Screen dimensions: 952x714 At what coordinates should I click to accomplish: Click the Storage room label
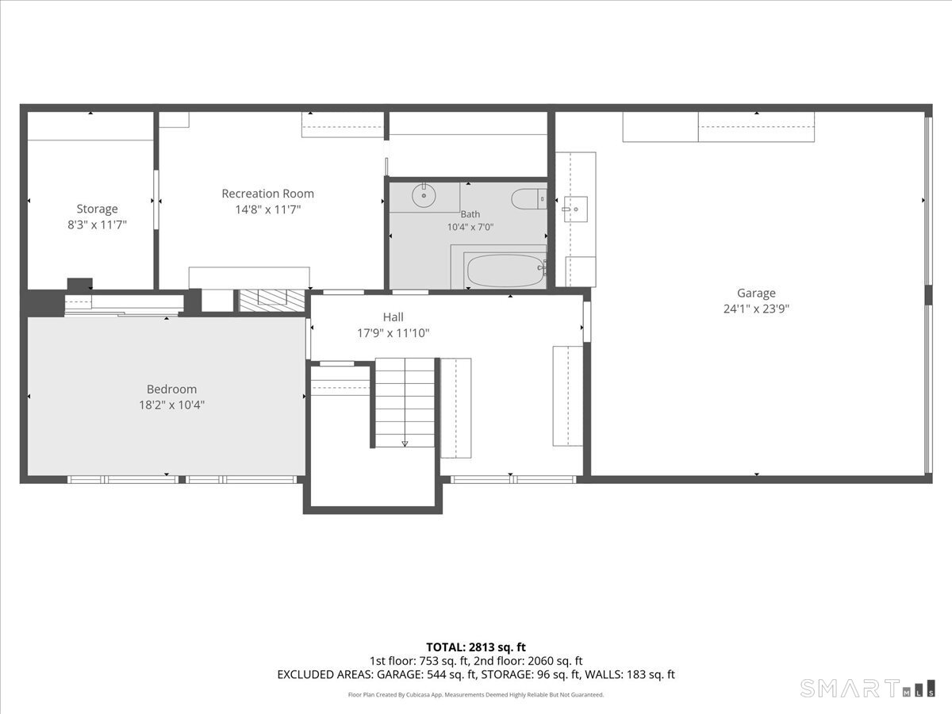tap(97, 209)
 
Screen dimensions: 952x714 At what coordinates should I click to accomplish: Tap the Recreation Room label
tap(267, 194)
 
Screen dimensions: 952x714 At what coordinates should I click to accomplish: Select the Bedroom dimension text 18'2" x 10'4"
tap(171, 405)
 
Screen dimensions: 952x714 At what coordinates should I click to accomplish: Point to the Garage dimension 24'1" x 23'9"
tap(756, 309)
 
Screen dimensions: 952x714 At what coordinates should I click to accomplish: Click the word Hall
tap(393, 317)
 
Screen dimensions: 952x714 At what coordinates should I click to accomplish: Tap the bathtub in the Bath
tap(505, 271)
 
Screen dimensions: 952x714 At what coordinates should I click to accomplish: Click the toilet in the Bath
tap(529, 199)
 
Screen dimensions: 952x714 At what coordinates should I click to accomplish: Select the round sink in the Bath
tap(424, 196)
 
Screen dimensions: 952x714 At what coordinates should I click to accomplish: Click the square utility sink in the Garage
tap(575, 209)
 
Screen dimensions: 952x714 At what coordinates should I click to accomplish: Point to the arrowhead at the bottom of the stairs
tap(405, 443)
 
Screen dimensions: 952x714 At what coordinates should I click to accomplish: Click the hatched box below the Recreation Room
tap(272, 301)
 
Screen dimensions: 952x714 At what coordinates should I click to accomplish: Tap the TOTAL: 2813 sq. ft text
tap(476, 647)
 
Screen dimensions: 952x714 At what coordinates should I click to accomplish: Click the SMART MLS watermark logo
tap(867, 689)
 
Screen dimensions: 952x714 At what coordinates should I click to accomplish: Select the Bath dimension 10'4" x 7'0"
tap(470, 227)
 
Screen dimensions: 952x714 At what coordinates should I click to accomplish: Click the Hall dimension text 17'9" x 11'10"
tap(393, 333)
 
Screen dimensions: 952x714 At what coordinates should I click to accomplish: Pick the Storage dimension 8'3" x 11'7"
tap(97, 225)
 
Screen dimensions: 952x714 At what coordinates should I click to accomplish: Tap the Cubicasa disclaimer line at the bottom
tap(476, 695)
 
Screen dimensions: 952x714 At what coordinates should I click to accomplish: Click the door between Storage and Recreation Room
tap(156, 199)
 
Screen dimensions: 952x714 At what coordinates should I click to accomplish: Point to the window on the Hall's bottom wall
tap(513, 479)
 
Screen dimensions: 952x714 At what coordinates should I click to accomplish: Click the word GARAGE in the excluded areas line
tap(400, 674)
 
